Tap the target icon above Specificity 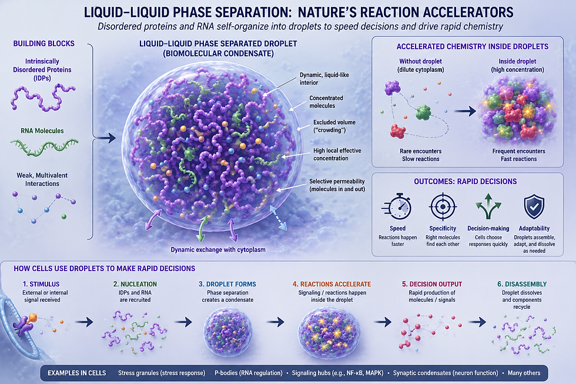tap(443, 206)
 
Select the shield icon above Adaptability tap(534, 207)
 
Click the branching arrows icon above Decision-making tap(488, 206)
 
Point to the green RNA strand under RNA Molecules tap(44, 146)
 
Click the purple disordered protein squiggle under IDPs tap(43, 98)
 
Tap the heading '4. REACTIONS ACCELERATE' tap(331, 284)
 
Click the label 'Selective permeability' tap(337, 181)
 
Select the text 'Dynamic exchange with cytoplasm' tap(218, 250)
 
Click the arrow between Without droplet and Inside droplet tap(465, 111)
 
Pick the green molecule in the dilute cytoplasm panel tap(424, 112)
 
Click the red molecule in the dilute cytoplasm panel tap(398, 131)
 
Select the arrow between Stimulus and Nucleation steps tap(84, 322)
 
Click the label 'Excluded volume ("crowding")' tap(334, 126)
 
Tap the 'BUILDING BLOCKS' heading tap(43, 44)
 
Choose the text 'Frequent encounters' tap(518, 151)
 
